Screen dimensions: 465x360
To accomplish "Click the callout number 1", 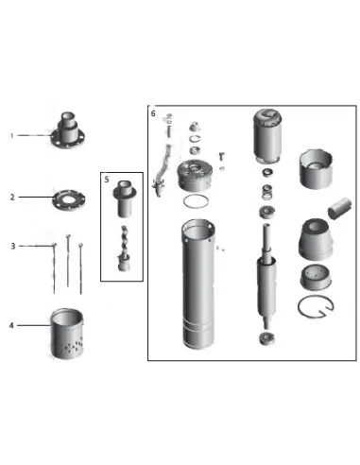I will click(x=13, y=135).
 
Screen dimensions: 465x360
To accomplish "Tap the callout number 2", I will click(x=13, y=197).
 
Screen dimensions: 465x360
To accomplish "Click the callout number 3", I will click(x=13, y=245).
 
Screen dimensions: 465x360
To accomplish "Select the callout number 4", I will click(x=13, y=326).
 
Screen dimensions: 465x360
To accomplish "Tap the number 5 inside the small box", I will click(x=107, y=179).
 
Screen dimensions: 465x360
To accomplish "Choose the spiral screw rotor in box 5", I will click(x=122, y=244).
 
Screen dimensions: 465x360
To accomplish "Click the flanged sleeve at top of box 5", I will click(x=123, y=199).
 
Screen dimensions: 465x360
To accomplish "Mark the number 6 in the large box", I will click(x=153, y=113).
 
